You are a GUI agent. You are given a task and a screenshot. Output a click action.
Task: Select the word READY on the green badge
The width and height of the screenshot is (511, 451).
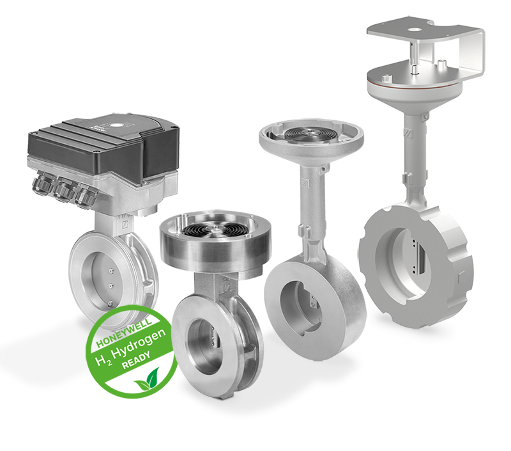pos(135,360)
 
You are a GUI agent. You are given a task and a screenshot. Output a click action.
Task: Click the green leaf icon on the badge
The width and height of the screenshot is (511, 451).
pos(147,379)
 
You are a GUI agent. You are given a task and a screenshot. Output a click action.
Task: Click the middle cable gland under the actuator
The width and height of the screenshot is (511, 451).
pos(65,192)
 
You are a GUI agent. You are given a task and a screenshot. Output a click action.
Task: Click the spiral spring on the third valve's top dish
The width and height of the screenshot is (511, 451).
pos(308,134)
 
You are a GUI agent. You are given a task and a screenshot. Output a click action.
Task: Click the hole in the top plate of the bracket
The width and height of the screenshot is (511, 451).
pos(414,29)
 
